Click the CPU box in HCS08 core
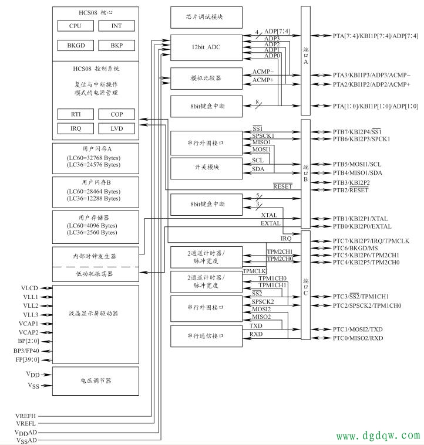pyautogui.click(x=75, y=26)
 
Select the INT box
pyautogui.click(x=116, y=26)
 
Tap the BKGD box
pyautogui.click(x=75, y=45)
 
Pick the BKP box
pyautogui.click(x=116, y=45)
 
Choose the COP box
pyautogui.click(x=116, y=114)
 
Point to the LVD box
pyautogui.click(x=116, y=128)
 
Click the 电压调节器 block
pyautogui.click(x=96, y=381)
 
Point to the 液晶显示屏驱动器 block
pyautogui.click(x=96, y=314)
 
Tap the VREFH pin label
pyautogui.click(x=26, y=416)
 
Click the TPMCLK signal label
pyautogui.click(x=255, y=271)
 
